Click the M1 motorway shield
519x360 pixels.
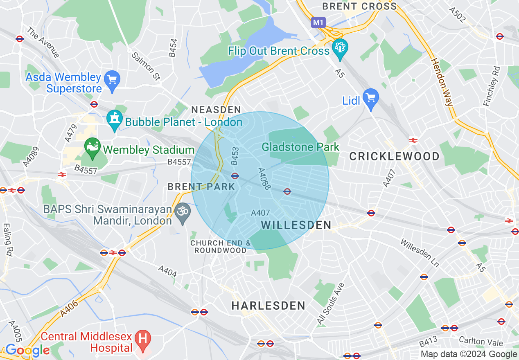[x=318, y=22]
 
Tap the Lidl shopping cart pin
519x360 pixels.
[x=371, y=98]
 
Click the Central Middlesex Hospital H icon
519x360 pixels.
[x=143, y=340]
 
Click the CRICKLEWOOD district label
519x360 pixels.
[x=394, y=156]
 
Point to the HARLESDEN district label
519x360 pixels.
[x=268, y=305]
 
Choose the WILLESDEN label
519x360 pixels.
[x=296, y=225]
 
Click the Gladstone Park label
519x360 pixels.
[x=300, y=147]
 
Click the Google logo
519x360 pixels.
[x=27, y=350]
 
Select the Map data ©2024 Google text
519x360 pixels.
[x=469, y=354]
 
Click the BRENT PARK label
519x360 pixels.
[x=201, y=187]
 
